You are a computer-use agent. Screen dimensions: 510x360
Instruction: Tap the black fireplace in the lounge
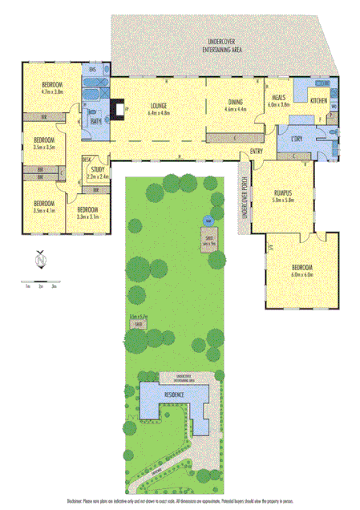117,107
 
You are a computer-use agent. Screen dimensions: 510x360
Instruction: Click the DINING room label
235,102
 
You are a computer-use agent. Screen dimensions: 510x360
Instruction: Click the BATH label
95,120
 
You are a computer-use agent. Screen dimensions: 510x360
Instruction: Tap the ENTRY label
256,152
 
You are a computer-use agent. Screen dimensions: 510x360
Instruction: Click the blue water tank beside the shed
208,219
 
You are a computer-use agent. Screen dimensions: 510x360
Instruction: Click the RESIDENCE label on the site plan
173,395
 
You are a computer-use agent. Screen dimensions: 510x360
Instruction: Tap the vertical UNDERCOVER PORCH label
245,204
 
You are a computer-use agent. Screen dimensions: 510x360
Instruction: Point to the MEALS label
279,97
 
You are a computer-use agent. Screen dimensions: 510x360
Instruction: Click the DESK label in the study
87,160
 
